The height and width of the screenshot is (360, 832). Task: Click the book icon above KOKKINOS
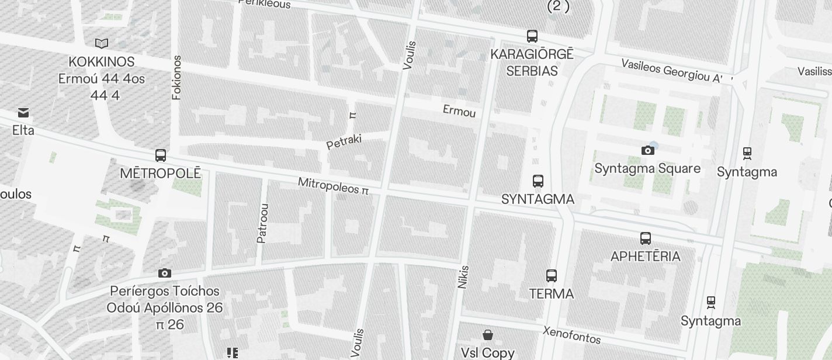tap(102, 43)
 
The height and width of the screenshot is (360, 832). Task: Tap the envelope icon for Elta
tap(23, 112)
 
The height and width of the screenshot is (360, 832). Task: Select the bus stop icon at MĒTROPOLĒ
tap(161, 155)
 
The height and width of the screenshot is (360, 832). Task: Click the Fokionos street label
tap(177, 78)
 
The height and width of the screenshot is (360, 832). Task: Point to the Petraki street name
tap(344, 141)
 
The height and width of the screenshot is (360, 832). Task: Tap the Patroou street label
tap(262, 223)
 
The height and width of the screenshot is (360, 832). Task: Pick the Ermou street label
tap(459, 111)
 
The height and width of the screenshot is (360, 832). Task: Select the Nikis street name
tap(463, 277)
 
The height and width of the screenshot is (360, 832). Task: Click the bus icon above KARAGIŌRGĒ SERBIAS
tap(532, 36)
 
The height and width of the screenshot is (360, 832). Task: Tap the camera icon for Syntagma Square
tap(647, 151)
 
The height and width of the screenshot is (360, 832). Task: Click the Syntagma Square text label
tap(647, 168)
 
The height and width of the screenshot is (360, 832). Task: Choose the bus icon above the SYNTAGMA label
tap(538, 181)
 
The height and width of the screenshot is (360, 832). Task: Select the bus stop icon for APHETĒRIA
tap(645, 238)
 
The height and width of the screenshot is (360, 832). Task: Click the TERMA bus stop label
tap(551, 293)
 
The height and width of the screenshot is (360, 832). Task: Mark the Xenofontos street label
tap(571, 335)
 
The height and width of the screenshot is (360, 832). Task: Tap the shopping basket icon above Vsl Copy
tap(488, 335)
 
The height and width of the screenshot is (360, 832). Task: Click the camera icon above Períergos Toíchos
tap(165, 274)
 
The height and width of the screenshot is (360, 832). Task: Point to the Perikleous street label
tap(265, 4)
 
